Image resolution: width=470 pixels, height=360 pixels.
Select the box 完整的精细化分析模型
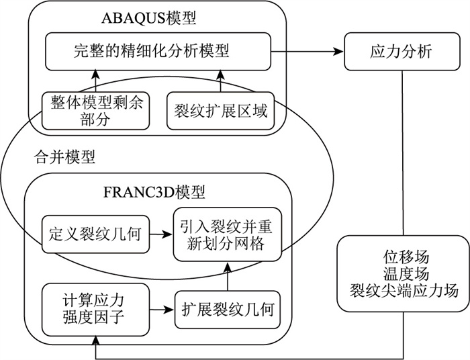[158, 50]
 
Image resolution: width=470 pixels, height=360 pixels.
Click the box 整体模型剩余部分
[94, 110]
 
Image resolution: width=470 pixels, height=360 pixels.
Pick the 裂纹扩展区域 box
[220, 110]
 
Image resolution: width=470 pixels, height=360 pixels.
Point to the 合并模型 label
[64, 159]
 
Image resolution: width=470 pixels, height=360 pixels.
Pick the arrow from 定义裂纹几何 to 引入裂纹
[160, 234]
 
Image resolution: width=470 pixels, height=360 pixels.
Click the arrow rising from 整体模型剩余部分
[95, 81]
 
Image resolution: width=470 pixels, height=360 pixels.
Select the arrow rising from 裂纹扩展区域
[220, 81]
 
